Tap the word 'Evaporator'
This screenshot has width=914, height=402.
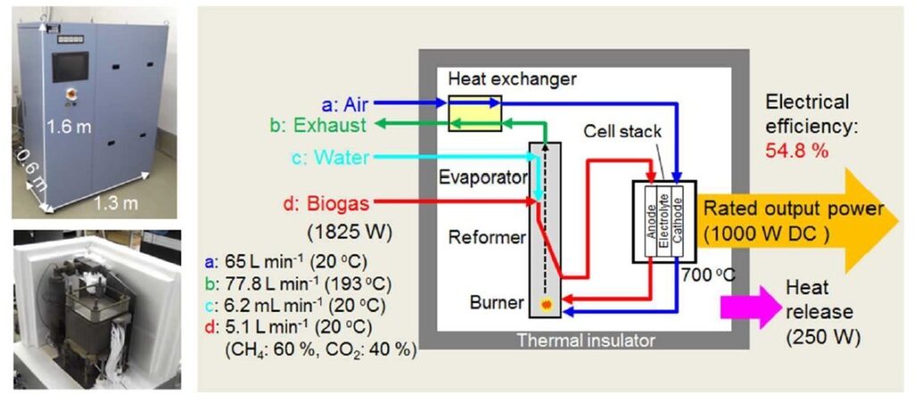(x=482, y=177)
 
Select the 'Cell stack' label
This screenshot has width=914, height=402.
(x=623, y=131)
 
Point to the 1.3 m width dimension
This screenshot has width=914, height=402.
(x=116, y=204)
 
